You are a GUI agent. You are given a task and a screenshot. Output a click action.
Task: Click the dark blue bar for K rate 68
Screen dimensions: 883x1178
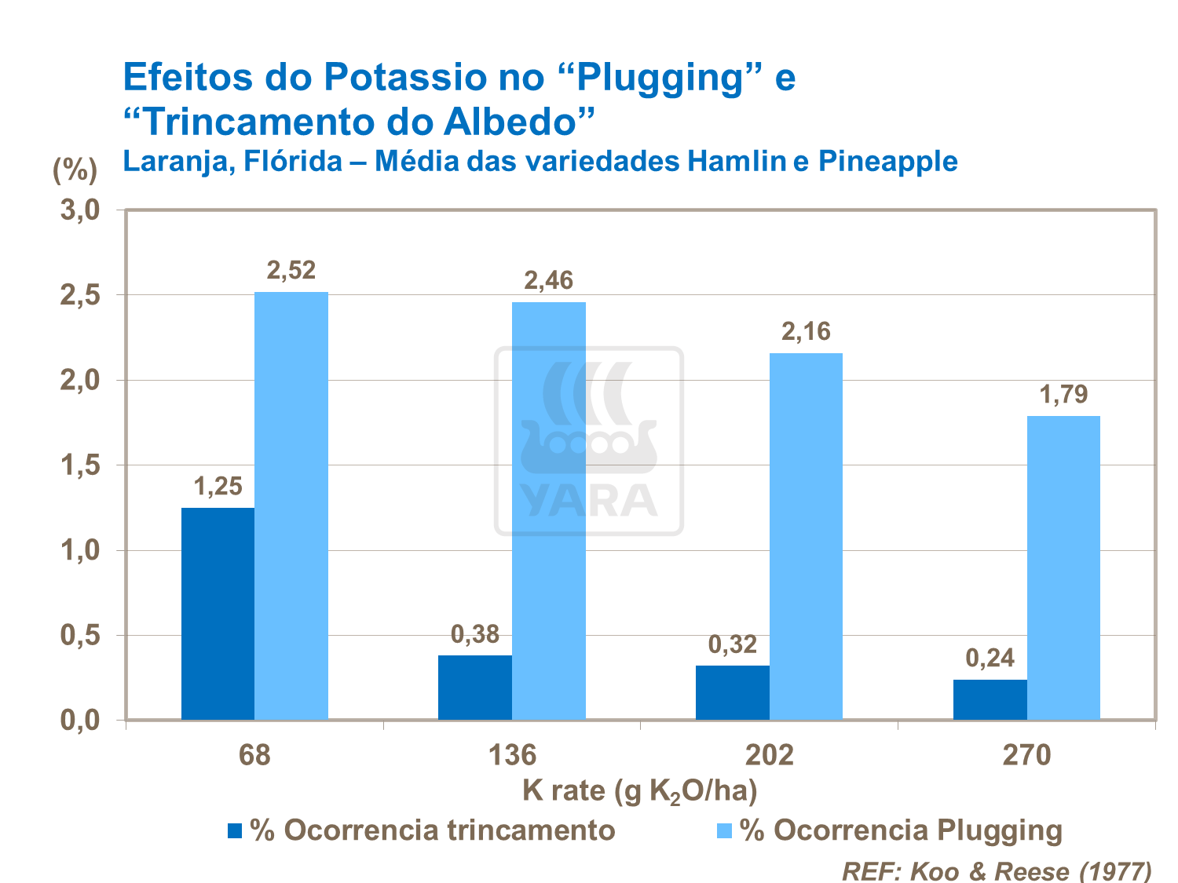click(218, 614)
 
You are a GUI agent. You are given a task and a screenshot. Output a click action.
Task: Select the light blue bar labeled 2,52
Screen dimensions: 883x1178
click(291, 505)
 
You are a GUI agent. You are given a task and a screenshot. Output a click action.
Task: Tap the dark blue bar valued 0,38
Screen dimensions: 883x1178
click(474, 688)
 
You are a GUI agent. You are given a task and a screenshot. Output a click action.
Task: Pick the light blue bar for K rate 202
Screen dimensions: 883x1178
click(806, 536)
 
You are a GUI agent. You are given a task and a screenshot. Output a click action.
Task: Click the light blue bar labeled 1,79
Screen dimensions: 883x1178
click(1063, 567)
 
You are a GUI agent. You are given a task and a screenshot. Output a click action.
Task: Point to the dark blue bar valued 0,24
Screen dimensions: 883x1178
click(990, 699)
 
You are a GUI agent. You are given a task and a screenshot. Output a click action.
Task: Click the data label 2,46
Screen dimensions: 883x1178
click(548, 280)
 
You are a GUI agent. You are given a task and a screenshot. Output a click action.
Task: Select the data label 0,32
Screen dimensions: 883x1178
click(732, 644)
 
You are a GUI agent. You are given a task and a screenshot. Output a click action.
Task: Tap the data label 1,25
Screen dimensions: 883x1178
click(218, 487)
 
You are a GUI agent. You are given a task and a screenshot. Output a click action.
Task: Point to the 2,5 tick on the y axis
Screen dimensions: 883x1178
click(80, 296)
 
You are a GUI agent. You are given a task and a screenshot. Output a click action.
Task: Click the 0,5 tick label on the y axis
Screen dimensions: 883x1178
click(80, 636)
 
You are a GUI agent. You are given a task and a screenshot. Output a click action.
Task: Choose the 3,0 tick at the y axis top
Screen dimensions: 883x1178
click(80, 210)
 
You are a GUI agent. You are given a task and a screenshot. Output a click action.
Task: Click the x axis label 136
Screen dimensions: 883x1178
click(512, 755)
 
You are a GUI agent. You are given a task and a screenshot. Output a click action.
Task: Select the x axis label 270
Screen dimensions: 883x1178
click(1026, 755)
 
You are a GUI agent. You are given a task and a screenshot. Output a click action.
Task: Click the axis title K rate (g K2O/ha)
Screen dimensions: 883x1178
click(639, 790)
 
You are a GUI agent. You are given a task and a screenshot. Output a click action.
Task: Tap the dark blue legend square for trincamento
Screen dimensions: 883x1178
click(235, 830)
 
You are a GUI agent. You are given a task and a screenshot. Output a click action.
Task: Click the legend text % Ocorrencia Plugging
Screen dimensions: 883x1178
click(901, 830)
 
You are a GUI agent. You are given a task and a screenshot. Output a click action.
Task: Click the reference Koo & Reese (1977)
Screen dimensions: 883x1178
click(997, 870)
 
